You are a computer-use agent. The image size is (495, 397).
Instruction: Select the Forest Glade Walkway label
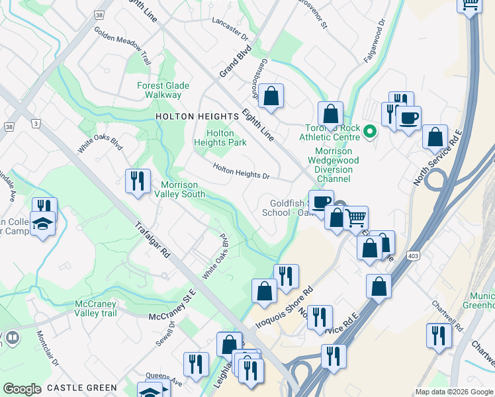(x=163, y=90)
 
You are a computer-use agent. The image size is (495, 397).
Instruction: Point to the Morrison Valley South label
(x=182, y=189)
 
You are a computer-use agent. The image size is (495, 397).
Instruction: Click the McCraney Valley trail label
(x=95, y=308)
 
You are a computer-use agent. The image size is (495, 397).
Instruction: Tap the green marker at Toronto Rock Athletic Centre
(x=370, y=132)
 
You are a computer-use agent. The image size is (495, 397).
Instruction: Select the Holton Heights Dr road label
(x=241, y=171)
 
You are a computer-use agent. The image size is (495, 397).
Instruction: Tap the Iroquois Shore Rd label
(x=284, y=308)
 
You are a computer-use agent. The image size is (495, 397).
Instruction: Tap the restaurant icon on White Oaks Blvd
(x=136, y=181)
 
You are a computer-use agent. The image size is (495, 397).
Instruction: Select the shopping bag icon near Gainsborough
(x=271, y=96)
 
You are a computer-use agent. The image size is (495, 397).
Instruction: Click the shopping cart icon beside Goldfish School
(x=355, y=218)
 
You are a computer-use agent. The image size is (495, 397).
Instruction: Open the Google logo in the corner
(x=22, y=388)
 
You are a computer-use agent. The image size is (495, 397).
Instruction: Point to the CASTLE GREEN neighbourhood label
(x=82, y=388)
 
